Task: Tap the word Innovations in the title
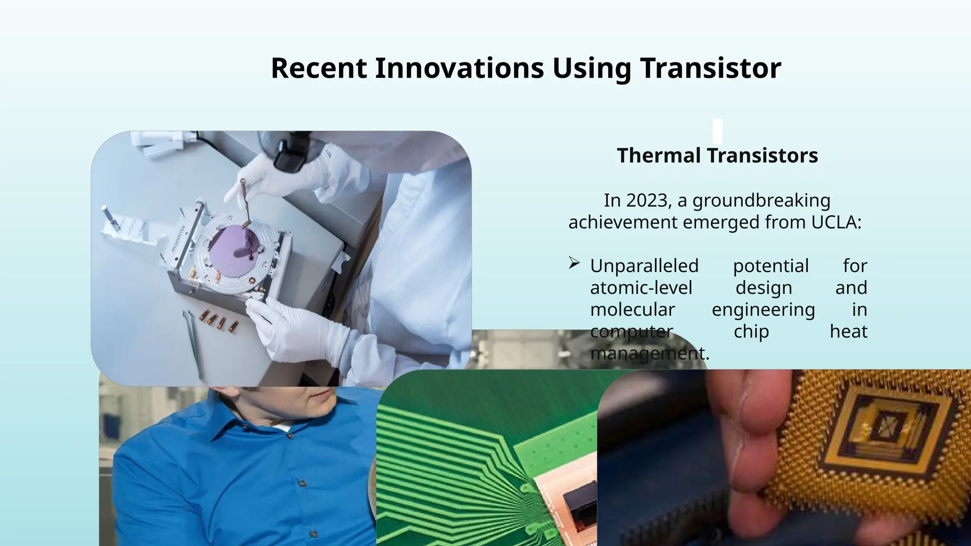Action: pos(459,68)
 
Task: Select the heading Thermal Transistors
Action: pos(717,155)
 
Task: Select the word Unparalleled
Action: pos(644,266)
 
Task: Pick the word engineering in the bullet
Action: pos(763,309)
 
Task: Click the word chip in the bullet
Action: pos(751,331)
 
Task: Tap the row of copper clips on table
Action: pos(219,321)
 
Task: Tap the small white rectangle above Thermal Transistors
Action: pos(717,131)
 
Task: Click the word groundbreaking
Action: pos(761,200)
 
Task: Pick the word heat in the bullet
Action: pos(848,331)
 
